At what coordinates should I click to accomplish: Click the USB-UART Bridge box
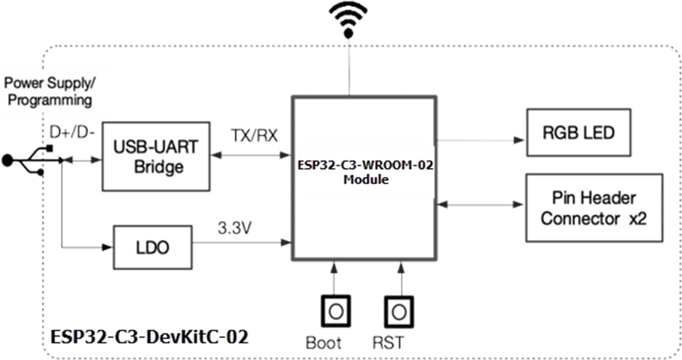click(155, 156)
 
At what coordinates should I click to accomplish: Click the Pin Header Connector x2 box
click(594, 208)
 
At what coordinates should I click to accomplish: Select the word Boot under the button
click(323, 344)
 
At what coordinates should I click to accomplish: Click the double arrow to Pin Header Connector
click(480, 205)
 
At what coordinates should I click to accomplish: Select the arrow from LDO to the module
click(240, 241)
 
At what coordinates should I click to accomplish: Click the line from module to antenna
click(348, 69)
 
